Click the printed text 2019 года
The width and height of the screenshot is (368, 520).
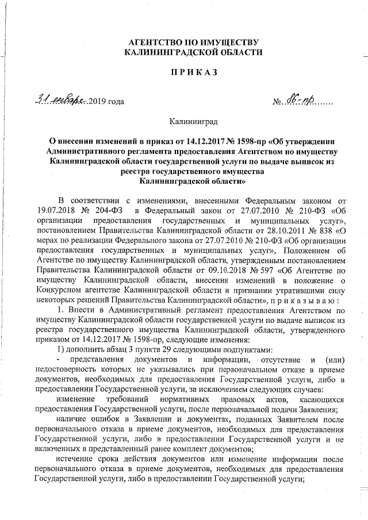107,103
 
